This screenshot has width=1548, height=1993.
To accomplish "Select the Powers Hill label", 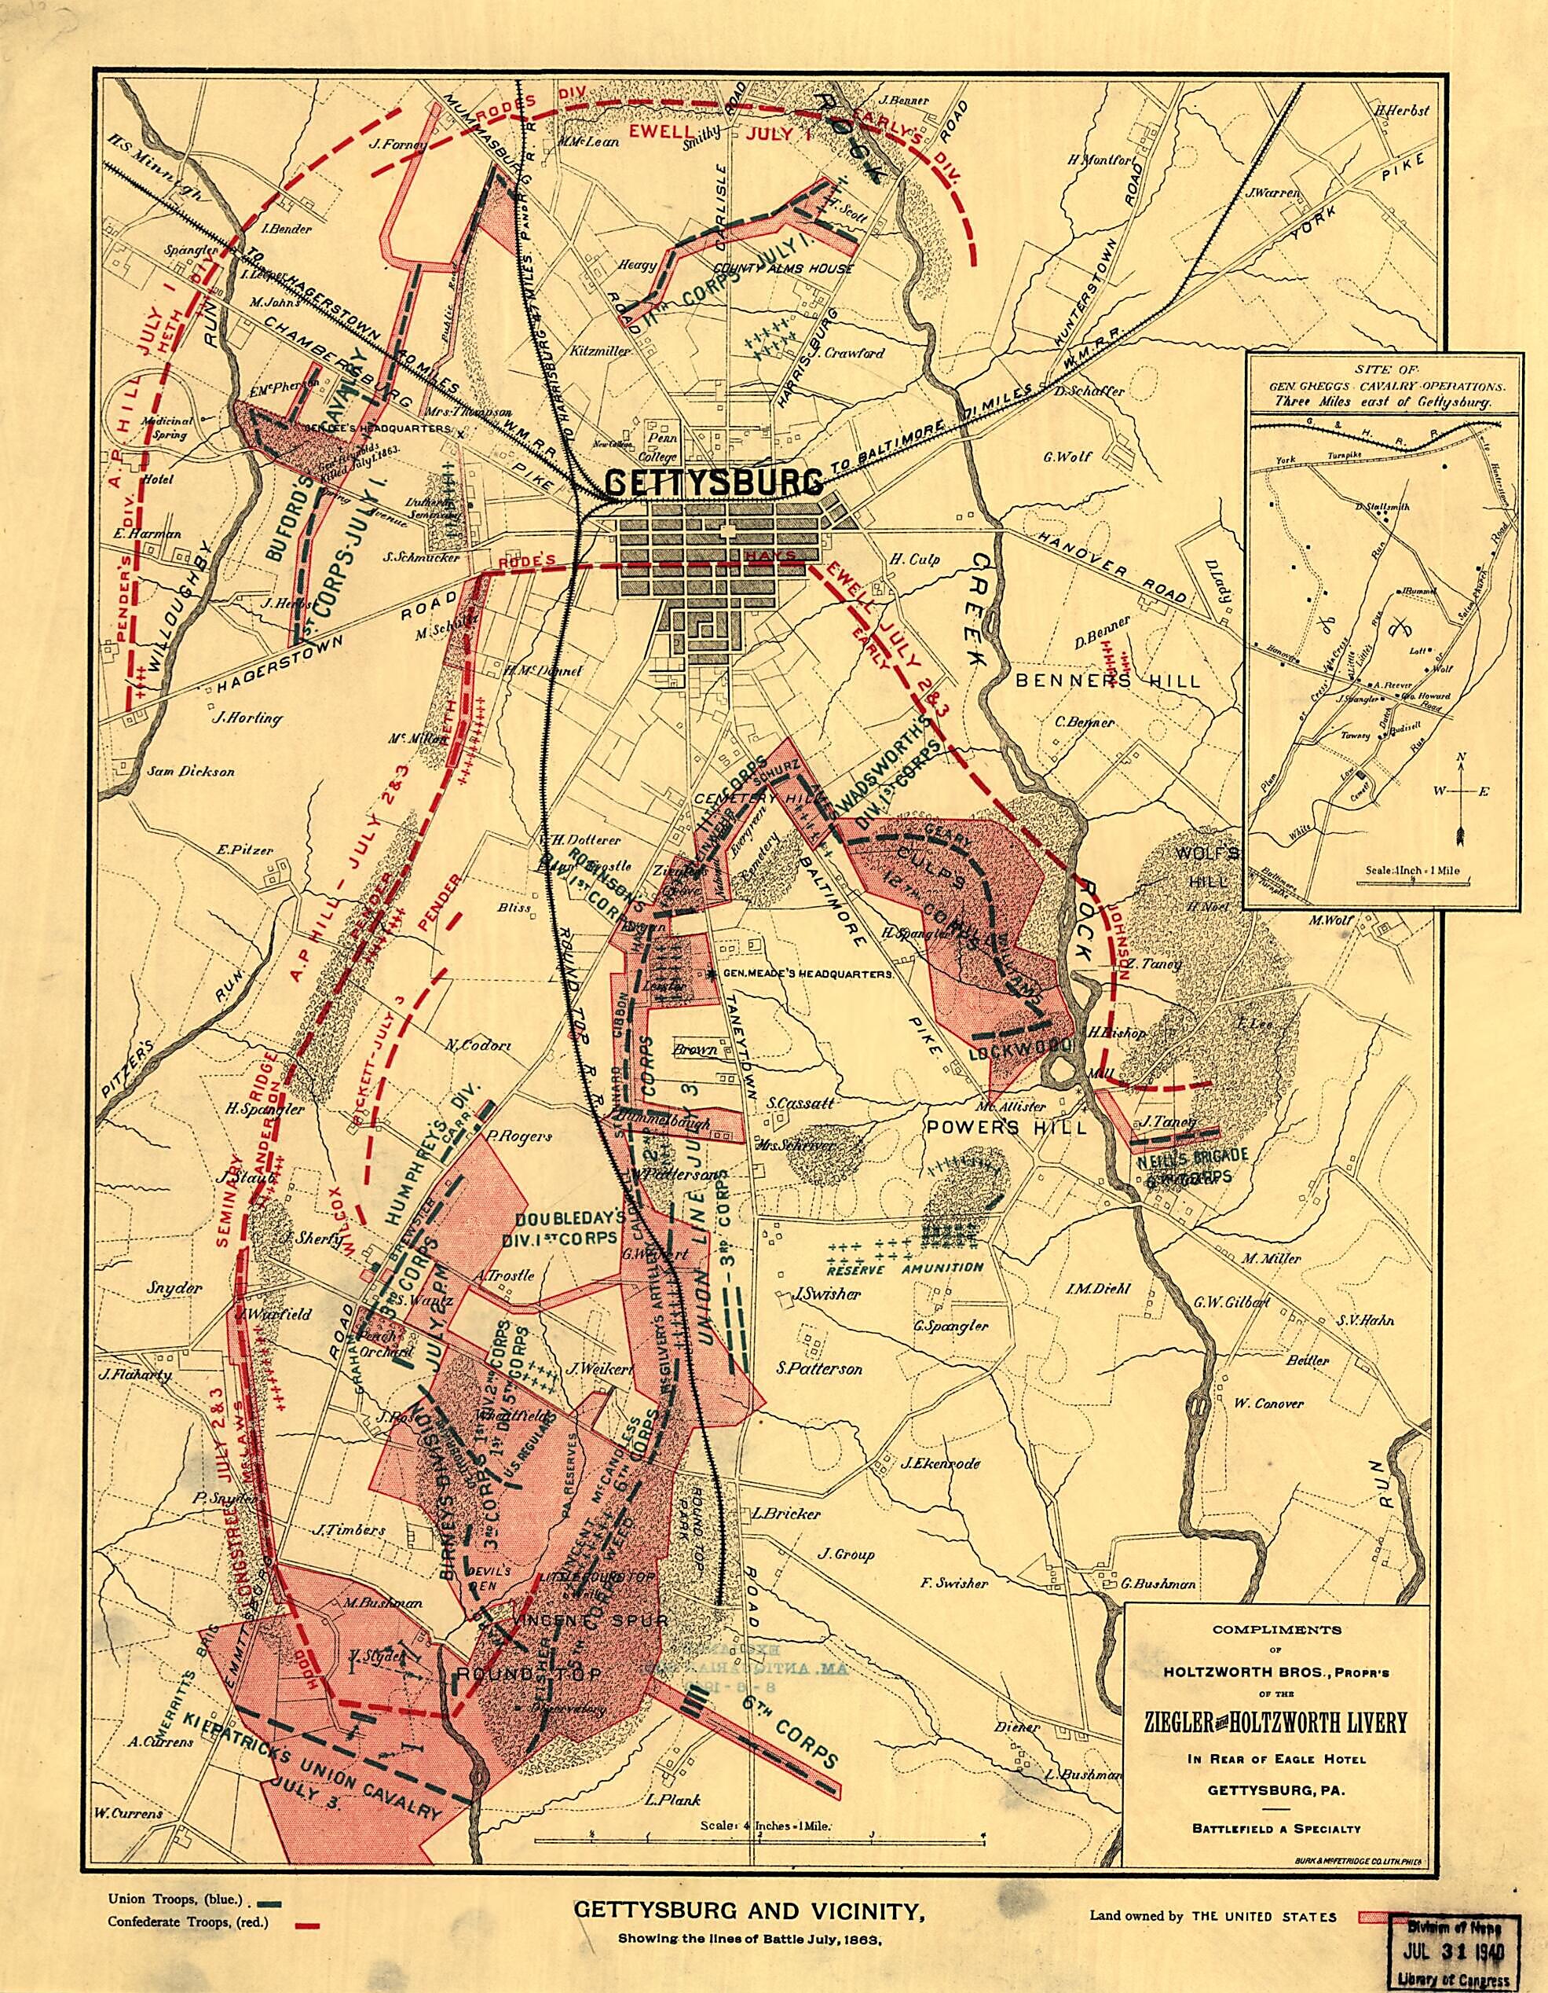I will pos(1007,1127).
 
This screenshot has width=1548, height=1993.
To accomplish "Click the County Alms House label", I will pos(784,270).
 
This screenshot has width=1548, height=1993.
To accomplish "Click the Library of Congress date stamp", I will pos(1456,1953).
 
